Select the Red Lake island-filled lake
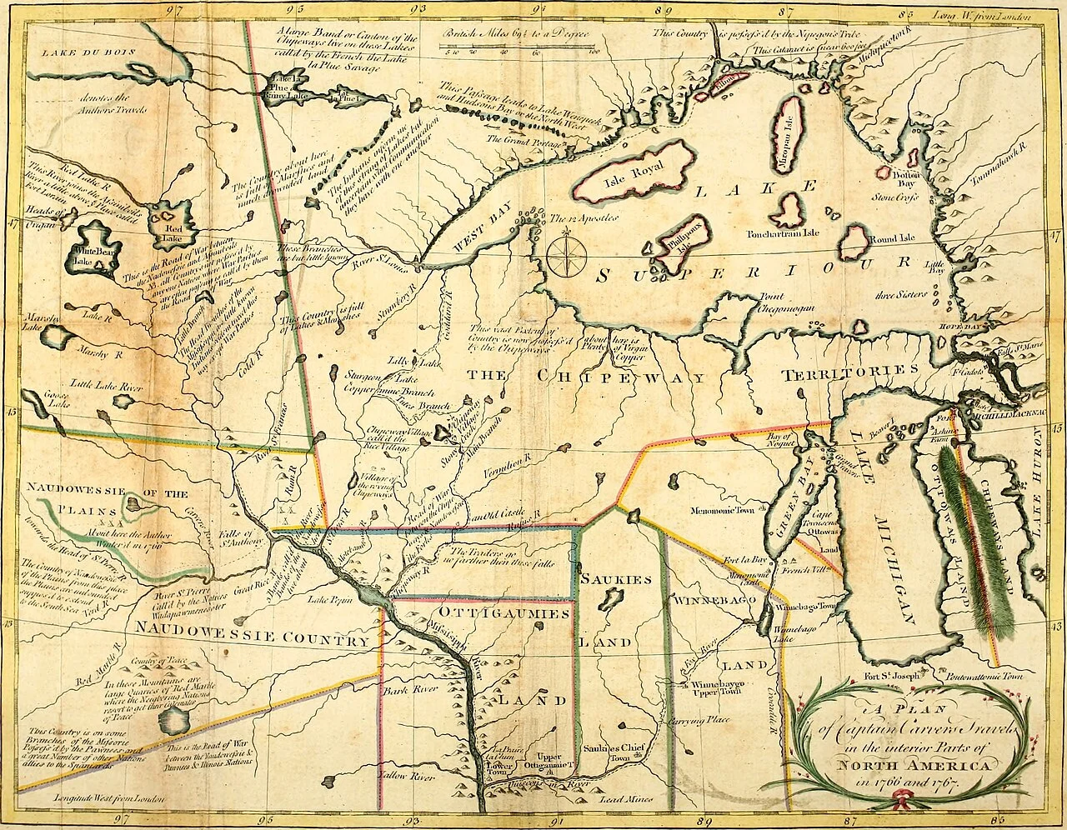pos(173,223)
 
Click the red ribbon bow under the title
pos(899,802)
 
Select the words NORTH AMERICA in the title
pos(914,764)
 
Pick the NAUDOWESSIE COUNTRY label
pos(252,640)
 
